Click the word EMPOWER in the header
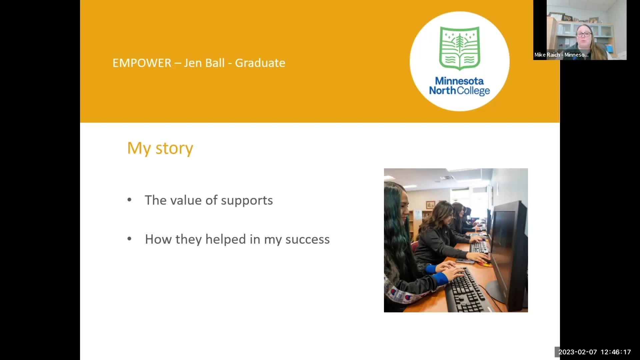coord(142,63)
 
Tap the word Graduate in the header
coord(260,63)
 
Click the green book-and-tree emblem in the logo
coord(460,48)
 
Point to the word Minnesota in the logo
coord(459,81)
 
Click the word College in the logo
coord(473,91)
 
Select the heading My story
coord(160,148)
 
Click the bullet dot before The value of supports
coord(129,200)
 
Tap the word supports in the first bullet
coord(247,201)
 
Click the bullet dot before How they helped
coord(129,239)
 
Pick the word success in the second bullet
coord(307,240)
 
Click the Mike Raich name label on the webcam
coord(561,55)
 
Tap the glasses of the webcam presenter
coord(584,34)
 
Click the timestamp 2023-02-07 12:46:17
coord(595,352)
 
